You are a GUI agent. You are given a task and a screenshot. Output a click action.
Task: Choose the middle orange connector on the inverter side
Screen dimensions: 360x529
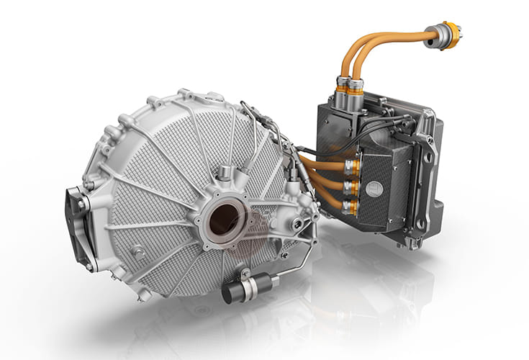(352, 186)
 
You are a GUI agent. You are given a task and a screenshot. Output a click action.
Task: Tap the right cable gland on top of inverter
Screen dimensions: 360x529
(356, 89)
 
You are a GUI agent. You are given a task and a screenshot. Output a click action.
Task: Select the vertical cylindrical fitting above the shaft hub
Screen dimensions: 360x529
(225, 174)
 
